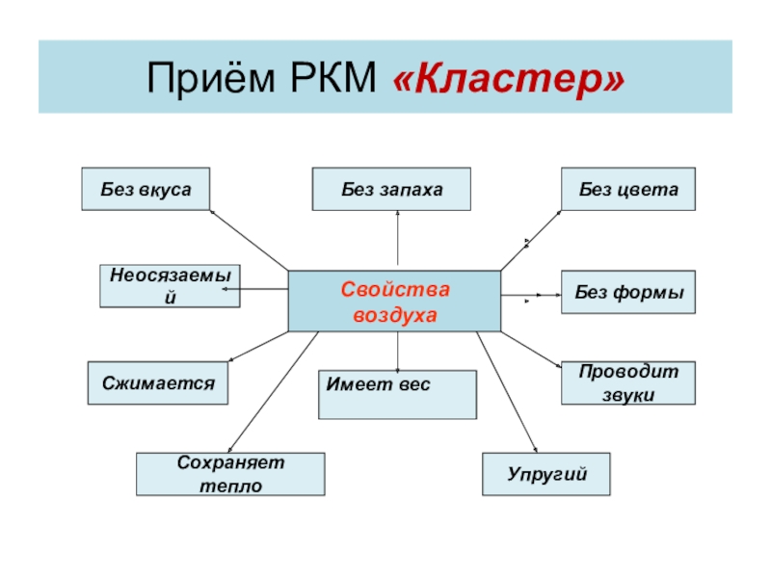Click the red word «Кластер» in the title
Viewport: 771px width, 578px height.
click(509, 79)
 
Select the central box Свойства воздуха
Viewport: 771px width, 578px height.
click(394, 302)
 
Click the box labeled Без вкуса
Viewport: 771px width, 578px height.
click(145, 190)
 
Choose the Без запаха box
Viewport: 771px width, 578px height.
click(391, 190)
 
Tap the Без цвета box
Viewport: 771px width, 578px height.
click(628, 190)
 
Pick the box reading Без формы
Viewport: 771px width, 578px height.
click(628, 292)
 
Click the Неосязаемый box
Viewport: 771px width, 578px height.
click(170, 286)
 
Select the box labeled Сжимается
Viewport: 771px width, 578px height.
click(158, 382)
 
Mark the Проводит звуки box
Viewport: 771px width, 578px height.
click(628, 382)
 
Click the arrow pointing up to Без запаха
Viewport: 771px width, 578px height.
click(397, 241)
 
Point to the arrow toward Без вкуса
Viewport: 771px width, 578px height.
click(249, 239)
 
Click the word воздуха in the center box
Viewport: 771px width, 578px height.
click(394, 315)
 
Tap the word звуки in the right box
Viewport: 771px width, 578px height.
click(628, 394)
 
